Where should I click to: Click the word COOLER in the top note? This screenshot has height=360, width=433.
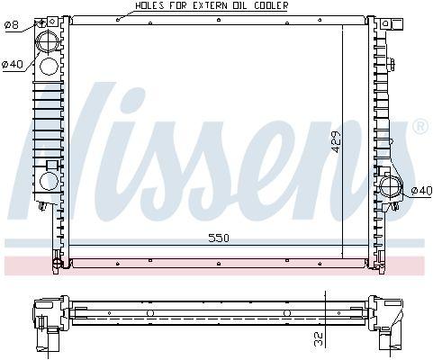click(267, 5)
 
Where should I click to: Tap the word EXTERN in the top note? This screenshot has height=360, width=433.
click(203, 5)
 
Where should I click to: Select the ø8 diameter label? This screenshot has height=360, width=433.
click(12, 24)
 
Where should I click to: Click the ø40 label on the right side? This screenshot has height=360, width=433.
click(421, 190)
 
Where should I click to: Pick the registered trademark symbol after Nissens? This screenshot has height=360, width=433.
click(419, 128)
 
